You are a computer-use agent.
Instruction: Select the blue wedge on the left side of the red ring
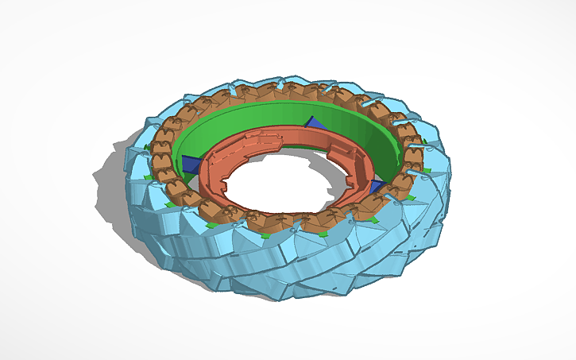[191, 165]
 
